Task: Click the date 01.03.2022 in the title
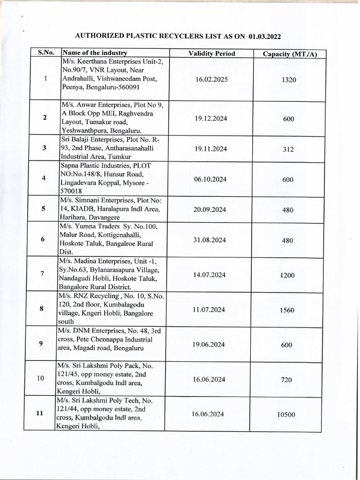(x=266, y=36)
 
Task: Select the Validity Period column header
(x=211, y=53)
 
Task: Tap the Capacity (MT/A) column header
(x=290, y=54)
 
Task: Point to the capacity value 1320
(x=289, y=80)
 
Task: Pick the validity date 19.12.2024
(x=211, y=119)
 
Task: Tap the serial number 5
(x=43, y=209)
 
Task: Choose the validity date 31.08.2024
(x=210, y=240)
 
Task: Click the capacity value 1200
(x=287, y=276)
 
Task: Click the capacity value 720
(x=286, y=380)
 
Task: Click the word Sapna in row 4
(x=70, y=166)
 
